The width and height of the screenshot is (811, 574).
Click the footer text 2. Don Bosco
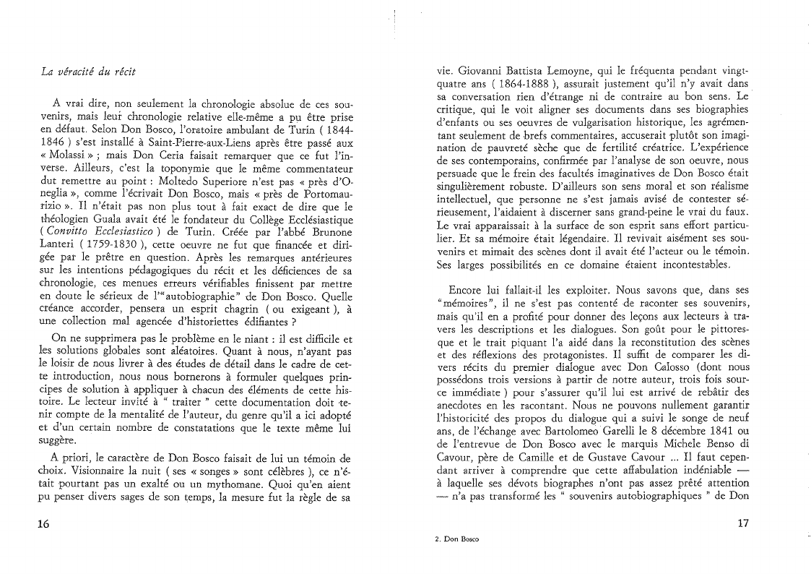[x=456, y=539]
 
